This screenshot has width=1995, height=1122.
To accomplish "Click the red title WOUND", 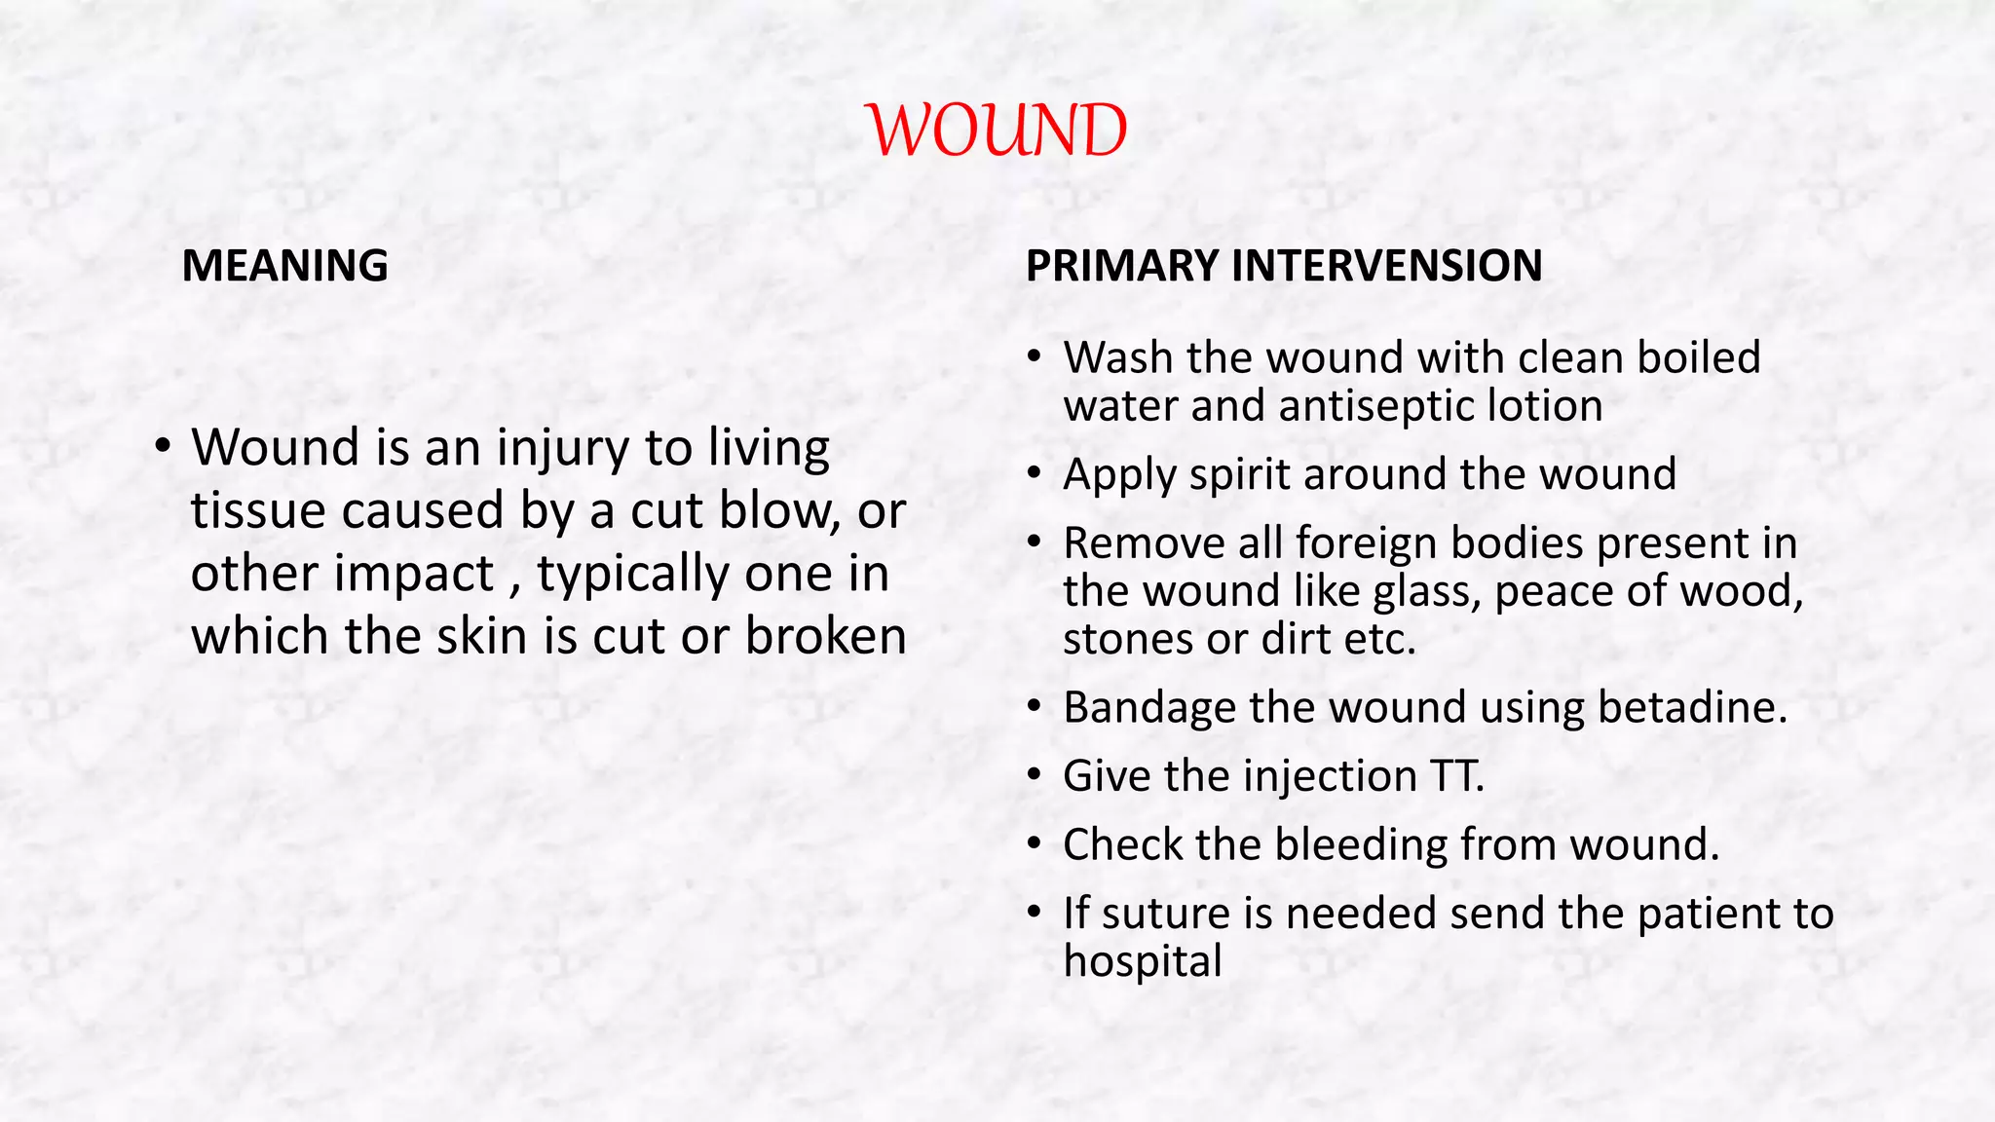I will point(997,131).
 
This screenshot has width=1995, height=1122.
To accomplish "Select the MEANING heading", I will point(284,266).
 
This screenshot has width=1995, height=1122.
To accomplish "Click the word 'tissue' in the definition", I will point(258,510).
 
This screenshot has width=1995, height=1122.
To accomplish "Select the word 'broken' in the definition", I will point(826,636).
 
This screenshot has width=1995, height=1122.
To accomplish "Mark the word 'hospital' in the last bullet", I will point(1142,961).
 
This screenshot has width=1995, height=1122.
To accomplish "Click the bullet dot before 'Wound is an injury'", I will point(163,447).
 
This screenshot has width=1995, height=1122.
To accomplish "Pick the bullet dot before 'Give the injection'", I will point(1035,776).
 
